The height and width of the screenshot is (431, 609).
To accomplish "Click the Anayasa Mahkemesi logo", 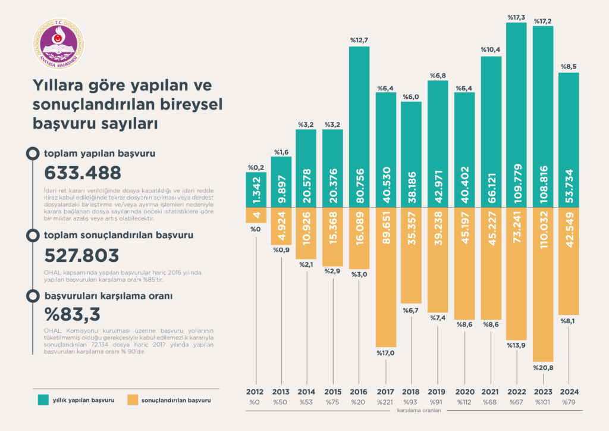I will click(58, 43).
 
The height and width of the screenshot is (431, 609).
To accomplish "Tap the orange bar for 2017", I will click(385, 277).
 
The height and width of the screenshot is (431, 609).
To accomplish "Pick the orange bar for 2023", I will click(543, 285).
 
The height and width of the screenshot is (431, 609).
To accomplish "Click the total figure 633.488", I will click(83, 173).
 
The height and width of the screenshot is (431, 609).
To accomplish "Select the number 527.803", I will click(82, 255).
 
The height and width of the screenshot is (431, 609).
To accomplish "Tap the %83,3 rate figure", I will click(73, 313).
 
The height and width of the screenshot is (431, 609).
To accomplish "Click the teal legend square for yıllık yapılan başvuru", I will click(43, 399).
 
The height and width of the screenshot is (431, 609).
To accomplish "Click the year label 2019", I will click(438, 392).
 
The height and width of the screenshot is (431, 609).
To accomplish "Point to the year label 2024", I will click(569, 392).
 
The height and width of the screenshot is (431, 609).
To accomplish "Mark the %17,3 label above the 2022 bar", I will click(516, 18).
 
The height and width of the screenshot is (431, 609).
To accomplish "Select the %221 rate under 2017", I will click(385, 403).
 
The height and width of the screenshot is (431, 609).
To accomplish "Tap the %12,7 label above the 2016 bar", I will click(359, 40).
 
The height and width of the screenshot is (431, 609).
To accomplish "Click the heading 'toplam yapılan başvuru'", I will click(100, 154).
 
